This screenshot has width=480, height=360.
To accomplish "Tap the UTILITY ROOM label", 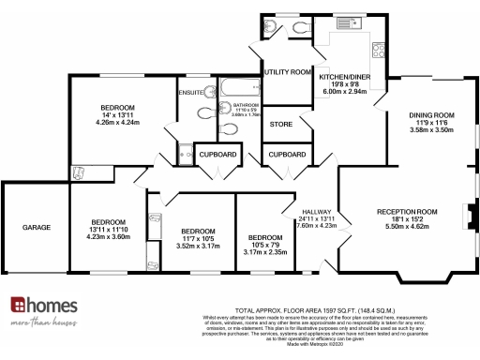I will [287, 72].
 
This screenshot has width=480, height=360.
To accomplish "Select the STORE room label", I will [281, 123].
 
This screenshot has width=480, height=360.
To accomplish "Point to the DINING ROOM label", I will [431, 115].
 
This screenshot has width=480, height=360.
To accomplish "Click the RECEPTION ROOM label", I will [407, 212].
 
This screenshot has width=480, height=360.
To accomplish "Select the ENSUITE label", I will [192, 92].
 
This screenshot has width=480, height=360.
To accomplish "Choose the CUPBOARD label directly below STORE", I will [287, 154].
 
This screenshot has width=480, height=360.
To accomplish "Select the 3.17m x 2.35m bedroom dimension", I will [266, 251].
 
